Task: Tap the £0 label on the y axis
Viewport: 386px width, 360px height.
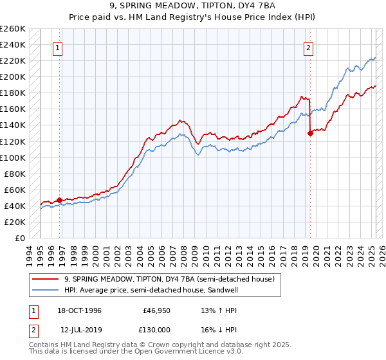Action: [x=20, y=239]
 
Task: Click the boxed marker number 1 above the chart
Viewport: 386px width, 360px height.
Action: [x=58, y=47]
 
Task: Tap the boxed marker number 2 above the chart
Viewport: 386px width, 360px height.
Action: [x=309, y=47]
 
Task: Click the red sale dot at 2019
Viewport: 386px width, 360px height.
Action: [x=310, y=134]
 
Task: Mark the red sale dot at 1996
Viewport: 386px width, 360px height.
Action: [x=60, y=200]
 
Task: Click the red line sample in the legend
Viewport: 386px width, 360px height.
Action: [x=46, y=279]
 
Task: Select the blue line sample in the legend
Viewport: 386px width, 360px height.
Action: [x=46, y=290]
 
